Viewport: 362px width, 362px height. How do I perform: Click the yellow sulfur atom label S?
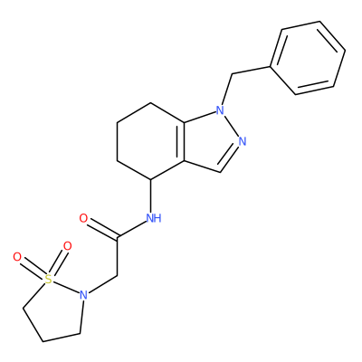click(49, 280)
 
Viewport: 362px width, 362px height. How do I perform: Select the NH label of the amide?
click(154, 218)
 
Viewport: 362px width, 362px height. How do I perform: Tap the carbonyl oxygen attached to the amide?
click(83, 218)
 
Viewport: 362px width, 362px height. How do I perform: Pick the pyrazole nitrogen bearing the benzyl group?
click(220, 110)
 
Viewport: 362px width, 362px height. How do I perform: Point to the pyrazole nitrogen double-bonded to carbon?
click(243, 141)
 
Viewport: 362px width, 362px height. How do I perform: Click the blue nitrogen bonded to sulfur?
click(83, 295)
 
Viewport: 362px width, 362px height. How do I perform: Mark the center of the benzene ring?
click(308, 58)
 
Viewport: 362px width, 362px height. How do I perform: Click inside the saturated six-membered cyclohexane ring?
click(151, 141)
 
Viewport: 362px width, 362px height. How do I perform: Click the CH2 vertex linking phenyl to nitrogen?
click(232, 74)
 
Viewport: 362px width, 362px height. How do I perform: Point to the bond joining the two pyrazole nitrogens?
click(232, 126)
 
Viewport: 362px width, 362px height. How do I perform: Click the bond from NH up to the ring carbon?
click(151, 195)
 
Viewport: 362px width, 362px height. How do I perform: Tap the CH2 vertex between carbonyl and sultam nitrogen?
click(117, 276)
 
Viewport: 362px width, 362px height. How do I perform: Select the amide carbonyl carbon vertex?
click(117, 237)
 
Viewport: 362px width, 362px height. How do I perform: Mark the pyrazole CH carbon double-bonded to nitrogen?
click(221, 173)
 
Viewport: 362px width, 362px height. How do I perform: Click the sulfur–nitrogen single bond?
click(66, 287)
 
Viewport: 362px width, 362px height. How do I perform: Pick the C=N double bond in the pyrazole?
click(230, 158)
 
